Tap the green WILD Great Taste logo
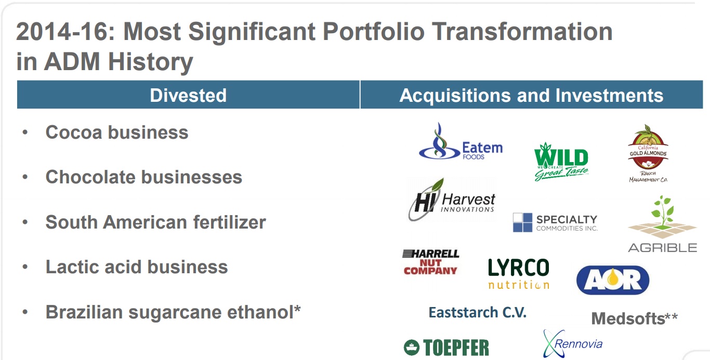pyautogui.click(x=561, y=162)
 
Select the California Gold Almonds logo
pyautogui.click(x=648, y=154)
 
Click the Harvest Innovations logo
pyautogui.click(x=452, y=201)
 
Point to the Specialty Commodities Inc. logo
pyautogui.click(x=555, y=222)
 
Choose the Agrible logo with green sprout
pyautogui.click(x=662, y=224)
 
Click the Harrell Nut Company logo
pyautogui.click(x=430, y=262)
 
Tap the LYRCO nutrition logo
pyautogui.click(x=518, y=273)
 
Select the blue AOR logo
pyautogui.click(x=613, y=280)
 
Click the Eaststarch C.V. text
pyautogui.click(x=477, y=312)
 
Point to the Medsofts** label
pyautogui.click(x=634, y=318)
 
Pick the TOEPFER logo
pyautogui.click(x=446, y=348)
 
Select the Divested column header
pyautogui.click(x=188, y=95)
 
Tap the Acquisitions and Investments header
pyautogui.click(x=531, y=95)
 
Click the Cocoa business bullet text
pyautogui.click(x=117, y=132)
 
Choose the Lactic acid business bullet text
pyautogui.click(x=137, y=266)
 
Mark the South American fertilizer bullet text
pyautogui.click(x=155, y=222)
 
